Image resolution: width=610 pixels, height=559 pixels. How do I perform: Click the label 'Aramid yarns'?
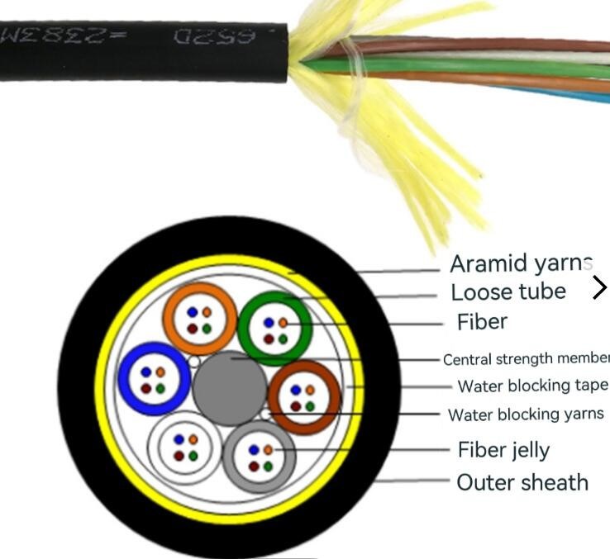point(522,263)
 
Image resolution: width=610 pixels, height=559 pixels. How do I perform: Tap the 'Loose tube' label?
point(508,291)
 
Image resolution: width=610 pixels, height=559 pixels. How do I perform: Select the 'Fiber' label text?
point(482,321)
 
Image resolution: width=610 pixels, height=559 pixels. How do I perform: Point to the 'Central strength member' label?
point(526,359)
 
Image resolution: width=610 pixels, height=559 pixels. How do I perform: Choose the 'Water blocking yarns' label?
point(526,415)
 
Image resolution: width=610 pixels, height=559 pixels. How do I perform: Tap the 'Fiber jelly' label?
point(503,450)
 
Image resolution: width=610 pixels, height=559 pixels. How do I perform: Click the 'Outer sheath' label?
point(522,482)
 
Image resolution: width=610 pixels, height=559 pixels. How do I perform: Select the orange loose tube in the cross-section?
point(200,319)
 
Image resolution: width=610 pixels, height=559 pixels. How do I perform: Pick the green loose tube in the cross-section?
point(274,328)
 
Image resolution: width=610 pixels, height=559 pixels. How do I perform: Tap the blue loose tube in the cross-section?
point(155,379)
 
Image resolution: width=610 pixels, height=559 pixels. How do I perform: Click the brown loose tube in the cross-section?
point(303,397)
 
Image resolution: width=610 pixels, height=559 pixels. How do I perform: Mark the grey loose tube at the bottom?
point(260,457)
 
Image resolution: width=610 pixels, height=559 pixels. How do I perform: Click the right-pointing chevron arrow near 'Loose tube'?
point(599,287)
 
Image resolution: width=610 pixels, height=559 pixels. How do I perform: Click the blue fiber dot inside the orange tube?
point(193,313)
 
